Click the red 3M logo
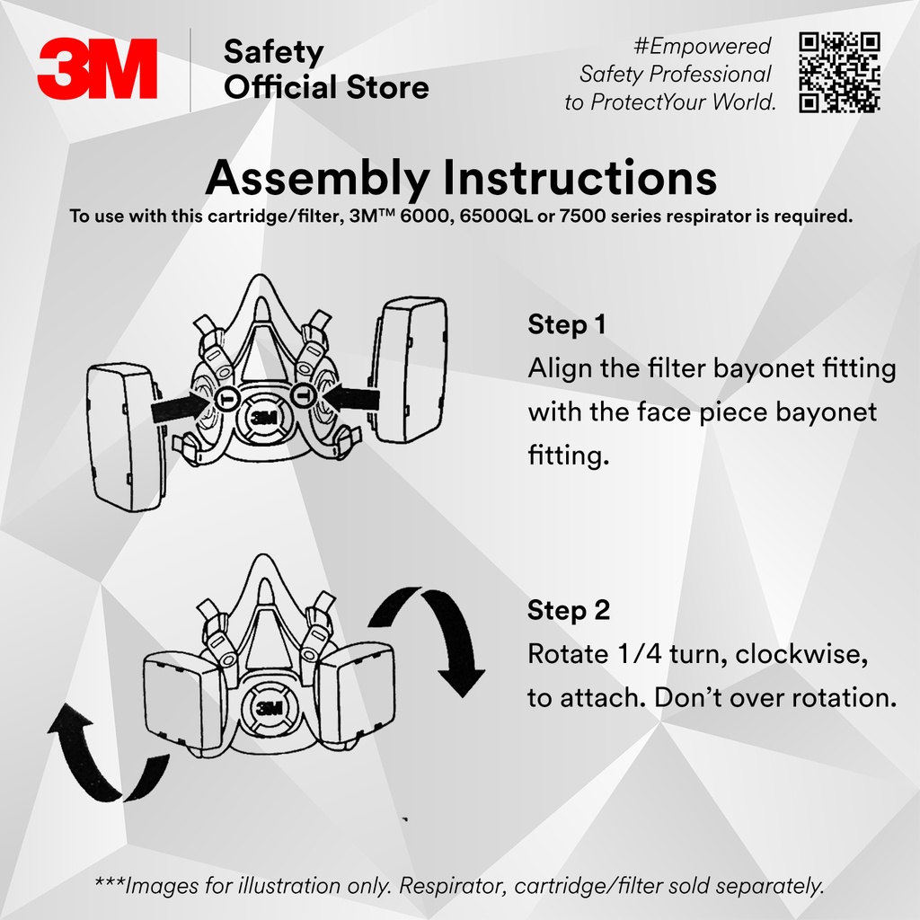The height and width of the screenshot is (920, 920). click(97, 69)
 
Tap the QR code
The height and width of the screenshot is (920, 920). click(839, 72)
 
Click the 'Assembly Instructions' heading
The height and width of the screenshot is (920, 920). click(460, 177)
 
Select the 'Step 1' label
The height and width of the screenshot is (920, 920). click(566, 324)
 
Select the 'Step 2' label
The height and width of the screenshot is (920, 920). click(569, 611)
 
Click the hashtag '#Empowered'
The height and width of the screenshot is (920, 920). click(702, 46)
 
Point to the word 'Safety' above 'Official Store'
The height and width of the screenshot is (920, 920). click(273, 52)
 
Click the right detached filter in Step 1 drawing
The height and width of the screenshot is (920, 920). click(411, 369)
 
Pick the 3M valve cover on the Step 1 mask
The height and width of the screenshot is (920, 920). click(262, 416)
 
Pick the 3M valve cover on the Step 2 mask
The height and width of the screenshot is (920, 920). click(268, 705)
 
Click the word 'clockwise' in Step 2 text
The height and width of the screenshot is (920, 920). click(801, 654)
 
